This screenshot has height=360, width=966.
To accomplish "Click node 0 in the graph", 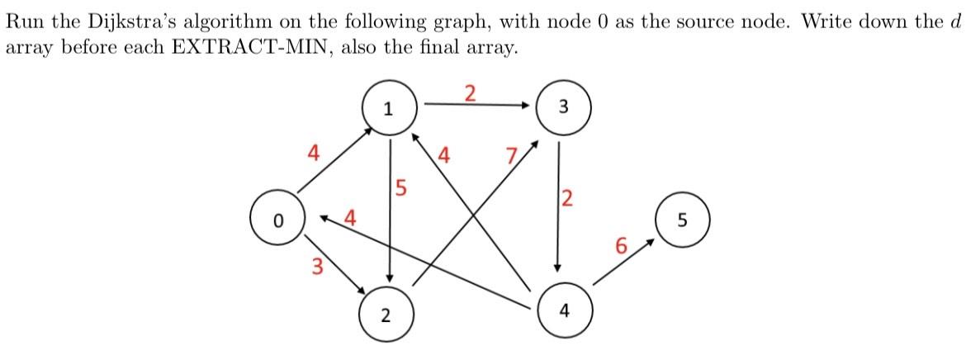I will (x=278, y=221).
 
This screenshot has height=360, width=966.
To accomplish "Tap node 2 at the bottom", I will (x=386, y=314).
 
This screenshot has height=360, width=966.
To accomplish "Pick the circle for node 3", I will (x=563, y=107).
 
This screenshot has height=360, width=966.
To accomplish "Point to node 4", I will (x=563, y=311).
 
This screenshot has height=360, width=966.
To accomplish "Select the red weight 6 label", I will (x=622, y=245).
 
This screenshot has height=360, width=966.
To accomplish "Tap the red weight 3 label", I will (x=316, y=266).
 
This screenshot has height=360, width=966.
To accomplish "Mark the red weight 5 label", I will (x=401, y=188).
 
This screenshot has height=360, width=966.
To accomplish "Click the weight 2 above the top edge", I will (x=469, y=92).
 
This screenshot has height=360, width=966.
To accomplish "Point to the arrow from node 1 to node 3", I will (x=476, y=105).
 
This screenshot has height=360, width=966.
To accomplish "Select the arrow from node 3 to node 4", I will (x=559, y=206).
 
